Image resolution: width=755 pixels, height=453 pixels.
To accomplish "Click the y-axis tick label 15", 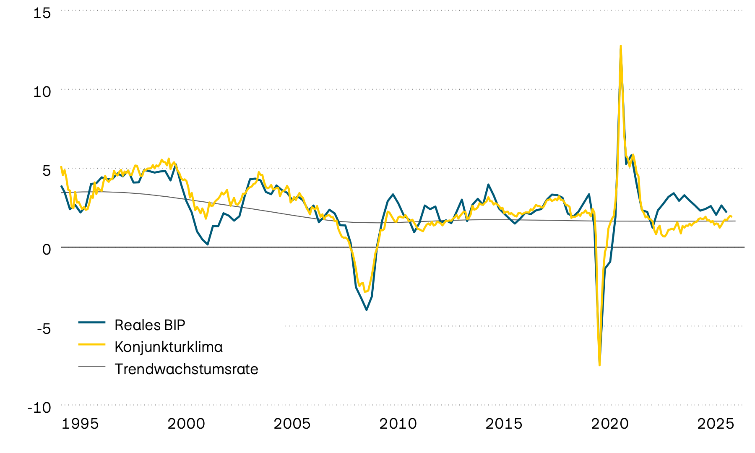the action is click(x=42, y=13).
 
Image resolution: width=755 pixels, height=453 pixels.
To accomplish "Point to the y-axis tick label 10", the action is click(x=42, y=91).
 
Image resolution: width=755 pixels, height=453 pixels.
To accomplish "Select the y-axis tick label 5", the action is click(x=46, y=170).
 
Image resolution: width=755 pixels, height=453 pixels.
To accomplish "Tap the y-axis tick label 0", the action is click(x=46, y=249).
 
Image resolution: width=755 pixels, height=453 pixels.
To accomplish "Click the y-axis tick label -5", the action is click(x=44, y=328).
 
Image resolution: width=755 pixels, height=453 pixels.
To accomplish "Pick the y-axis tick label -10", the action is click(x=39, y=407).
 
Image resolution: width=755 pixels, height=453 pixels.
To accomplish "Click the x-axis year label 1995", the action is click(x=80, y=424).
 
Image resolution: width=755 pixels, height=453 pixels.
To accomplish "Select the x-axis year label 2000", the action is click(x=186, y=424).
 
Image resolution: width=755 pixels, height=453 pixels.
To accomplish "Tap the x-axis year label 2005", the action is click(x=292, y=424).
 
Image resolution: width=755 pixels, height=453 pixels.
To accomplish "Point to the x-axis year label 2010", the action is click(x=398, y=424).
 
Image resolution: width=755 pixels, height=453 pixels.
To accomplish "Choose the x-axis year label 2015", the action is click(x=504, y=424).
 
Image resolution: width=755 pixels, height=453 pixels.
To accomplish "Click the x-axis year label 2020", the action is click(x=610, y=424).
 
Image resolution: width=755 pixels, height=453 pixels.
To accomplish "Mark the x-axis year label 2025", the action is click(x=716, y=424).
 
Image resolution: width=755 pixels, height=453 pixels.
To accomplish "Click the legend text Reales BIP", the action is click(x=150, y=325).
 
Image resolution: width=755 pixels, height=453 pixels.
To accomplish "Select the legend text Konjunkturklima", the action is click(x=169, y=347).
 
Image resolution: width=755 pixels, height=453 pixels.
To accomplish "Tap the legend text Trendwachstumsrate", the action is click(x=186, y=369).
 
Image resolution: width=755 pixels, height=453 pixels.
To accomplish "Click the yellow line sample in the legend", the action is click(x=92, y=344).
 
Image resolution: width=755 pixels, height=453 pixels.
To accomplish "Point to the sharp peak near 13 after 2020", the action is click(x=620, y=46).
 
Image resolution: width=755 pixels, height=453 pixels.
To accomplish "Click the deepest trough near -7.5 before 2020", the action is click(x=599, y=365).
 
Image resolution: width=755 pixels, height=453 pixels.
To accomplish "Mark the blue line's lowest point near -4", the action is click(x=367, y=310).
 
